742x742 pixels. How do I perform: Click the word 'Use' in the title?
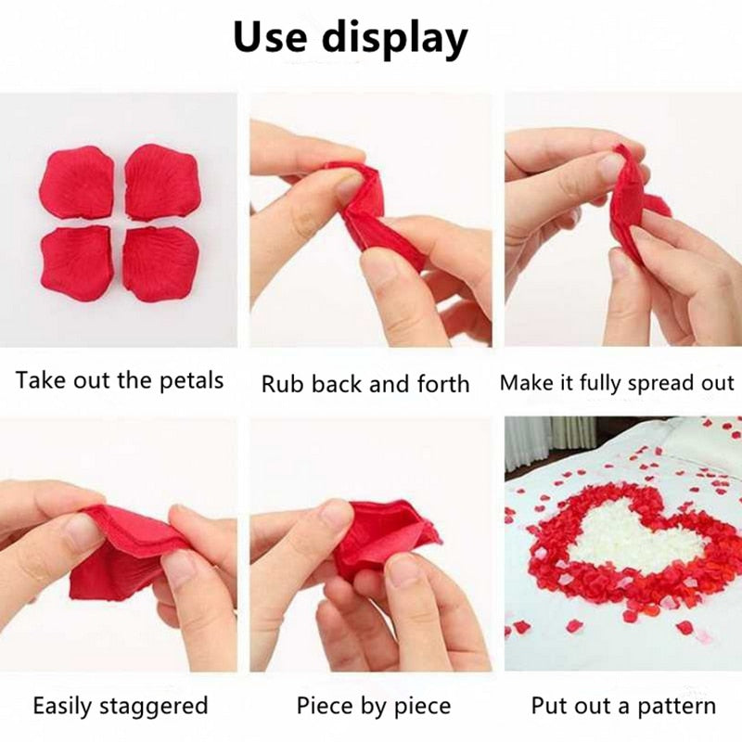tap(270, 37)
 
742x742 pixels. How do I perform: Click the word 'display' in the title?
tap(395, 40)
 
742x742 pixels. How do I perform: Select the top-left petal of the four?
tap(77, 182)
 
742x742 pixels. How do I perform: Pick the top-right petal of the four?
tap(163, 182)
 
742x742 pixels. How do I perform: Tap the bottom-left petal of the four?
tap(77, 263)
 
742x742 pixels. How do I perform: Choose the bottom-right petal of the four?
tap(160, 264)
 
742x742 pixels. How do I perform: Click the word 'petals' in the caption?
tap(191, 380)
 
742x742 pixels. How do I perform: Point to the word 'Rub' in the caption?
tap(282, 383)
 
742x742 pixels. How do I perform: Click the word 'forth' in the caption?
tap(443, 383)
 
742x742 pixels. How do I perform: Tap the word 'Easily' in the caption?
tap(61, 706)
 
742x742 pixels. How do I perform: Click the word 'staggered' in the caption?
tap(153, 707)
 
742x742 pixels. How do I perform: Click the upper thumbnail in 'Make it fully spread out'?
tap(610, 167)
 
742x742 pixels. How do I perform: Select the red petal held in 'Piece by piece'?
tap(378, 540)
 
